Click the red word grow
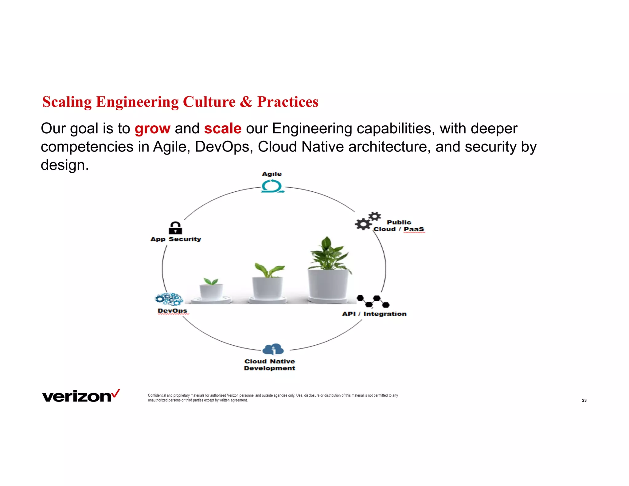click(x=152, y=129)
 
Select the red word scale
click(x=223, y=129)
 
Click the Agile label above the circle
click(x=272, y=174)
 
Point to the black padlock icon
click(x=175, y=228)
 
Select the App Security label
click(x=176, y=239)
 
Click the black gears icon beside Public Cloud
click(x=367, y=221)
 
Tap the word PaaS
click(x=414, y=229)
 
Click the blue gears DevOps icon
click(x=169, y=299)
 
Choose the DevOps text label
click(x=172, y=311)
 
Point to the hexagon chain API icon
click(x=373, y=301)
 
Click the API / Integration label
click(x=374, y=314)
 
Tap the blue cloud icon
click(x=273, y=349)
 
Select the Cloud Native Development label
click(x=270, y=365)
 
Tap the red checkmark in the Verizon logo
click(x=116, y=393)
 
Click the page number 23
click(x=584, y=400)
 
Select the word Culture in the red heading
click(x=209, y=102)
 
